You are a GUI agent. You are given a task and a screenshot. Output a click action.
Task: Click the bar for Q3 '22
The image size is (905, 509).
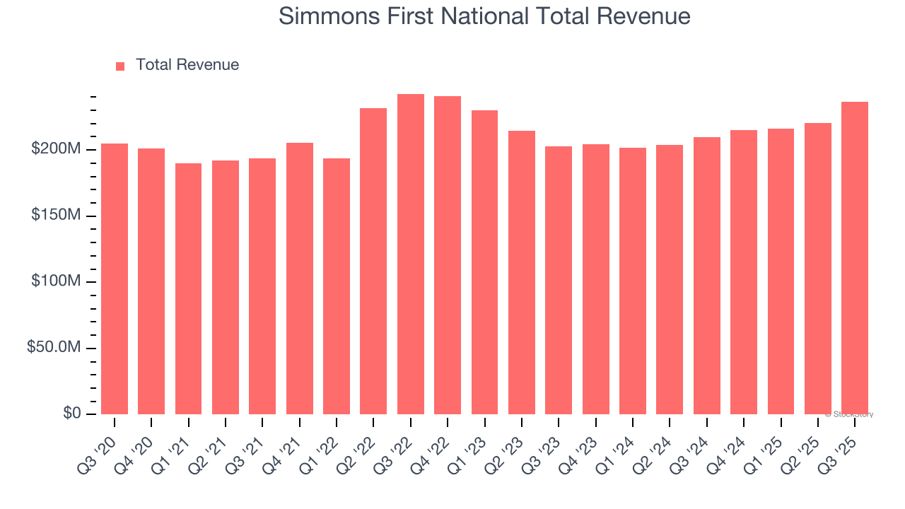411,255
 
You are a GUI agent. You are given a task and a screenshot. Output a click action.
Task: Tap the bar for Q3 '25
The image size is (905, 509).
855,258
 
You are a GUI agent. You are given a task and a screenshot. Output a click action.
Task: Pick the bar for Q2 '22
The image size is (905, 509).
373,262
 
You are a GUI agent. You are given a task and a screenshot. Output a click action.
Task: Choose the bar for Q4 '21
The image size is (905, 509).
300,279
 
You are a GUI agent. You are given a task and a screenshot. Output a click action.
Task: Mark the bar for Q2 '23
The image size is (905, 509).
522,272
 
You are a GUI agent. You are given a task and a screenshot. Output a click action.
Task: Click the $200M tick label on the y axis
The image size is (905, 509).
56,149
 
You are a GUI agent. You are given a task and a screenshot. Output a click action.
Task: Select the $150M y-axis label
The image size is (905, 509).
56,215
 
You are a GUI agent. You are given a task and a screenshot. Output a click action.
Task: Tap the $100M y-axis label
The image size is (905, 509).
56,281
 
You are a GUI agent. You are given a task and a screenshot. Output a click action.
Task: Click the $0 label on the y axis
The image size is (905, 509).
72,414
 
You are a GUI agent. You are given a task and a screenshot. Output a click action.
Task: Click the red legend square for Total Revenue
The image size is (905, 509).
120,66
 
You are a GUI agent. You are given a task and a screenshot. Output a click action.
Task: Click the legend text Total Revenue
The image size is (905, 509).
187,65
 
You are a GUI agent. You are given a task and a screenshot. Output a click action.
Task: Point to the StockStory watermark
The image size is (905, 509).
849,414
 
